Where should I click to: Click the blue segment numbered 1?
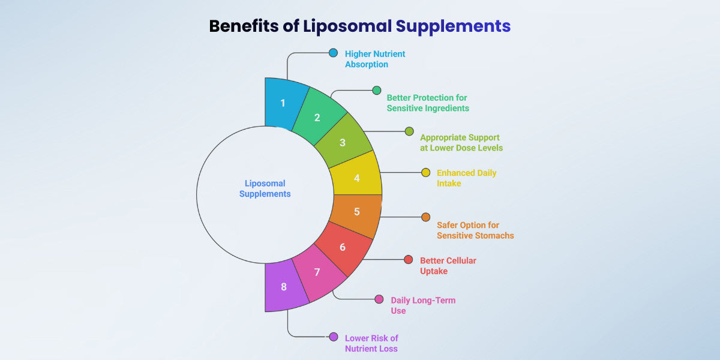[284, 103]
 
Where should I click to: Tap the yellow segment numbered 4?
[356, 178]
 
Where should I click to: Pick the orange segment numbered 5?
[356, 212]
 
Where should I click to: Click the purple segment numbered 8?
[284, 287]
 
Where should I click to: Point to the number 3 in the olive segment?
[343, 143]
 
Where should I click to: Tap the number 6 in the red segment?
[343, 247]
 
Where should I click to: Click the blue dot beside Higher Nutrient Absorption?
[333, 53]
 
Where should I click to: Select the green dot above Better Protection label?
[376, 90]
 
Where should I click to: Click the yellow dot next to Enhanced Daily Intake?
[425, 172]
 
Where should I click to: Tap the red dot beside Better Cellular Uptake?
[409, 259]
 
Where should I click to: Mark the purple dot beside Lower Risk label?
[333, 337]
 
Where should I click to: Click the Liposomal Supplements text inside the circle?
[265, 188]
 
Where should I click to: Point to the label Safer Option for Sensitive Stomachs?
[475, 230]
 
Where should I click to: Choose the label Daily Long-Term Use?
[422, 305]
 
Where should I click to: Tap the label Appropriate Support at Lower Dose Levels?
[461, 142]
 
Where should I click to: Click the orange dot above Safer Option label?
[425, 217]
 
